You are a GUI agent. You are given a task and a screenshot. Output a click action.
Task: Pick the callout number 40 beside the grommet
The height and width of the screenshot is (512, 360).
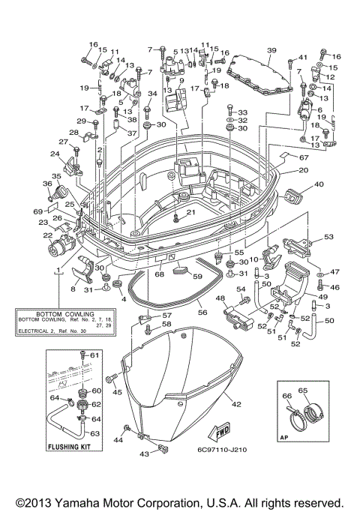pos(318,184)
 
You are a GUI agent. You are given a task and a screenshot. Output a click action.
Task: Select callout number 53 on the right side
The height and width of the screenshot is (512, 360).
pos(328,237)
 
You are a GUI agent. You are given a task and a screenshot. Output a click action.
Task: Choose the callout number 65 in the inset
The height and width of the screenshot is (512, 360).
pos(304,391)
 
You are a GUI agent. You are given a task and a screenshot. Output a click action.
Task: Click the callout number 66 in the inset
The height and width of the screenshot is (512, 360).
pos(286,396)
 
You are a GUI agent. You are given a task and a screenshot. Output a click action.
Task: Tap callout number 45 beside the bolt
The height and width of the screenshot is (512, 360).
pos(117,391)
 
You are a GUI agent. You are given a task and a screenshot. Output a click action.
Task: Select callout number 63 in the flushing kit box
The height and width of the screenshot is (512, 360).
pos(95,433)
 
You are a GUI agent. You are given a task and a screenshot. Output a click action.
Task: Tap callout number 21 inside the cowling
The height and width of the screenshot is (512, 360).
pos(190,213)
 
